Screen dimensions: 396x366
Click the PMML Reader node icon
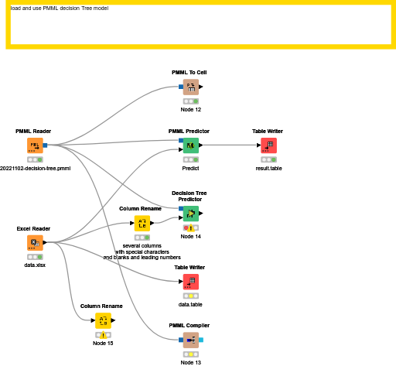[x=35, y=145]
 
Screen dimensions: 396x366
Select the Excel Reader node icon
[x=35, y=243]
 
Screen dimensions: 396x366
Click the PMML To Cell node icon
[x=191, y=87]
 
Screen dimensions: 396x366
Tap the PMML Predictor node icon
[x=191, y=145]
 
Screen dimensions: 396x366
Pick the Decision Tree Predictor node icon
[x=191, y=214]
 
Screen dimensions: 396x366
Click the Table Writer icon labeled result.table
[x=268, y=145]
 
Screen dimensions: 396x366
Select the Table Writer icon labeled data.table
[x=191, y=282]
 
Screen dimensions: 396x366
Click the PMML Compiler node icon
[x=191, y=340]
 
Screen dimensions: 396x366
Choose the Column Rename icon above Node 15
[x=103, y=320]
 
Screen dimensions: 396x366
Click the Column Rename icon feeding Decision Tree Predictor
[x=142, y=224]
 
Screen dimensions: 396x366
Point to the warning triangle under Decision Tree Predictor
[x=191, y=228]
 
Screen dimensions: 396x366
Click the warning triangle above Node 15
[x=103, y=335]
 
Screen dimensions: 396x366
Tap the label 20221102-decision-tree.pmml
[x=36, y=169]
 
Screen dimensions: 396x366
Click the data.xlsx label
[x=35, y=265]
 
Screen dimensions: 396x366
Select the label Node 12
[x=191, y=110]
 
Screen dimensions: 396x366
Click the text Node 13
[x=191, y=363]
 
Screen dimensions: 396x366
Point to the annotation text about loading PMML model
[x=60, y=9]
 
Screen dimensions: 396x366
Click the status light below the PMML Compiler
[x=191, y=354]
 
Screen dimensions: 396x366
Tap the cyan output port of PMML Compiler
[x=201, y=340]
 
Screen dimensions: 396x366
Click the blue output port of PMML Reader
[x=45, y=145]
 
